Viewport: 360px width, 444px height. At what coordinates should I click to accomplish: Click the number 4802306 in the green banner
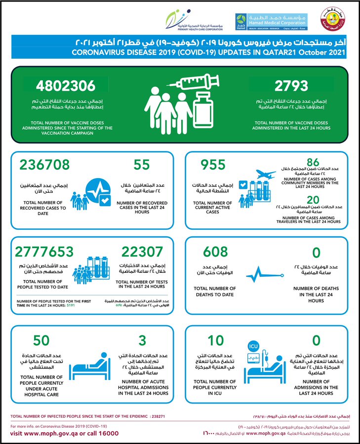coord(65,86)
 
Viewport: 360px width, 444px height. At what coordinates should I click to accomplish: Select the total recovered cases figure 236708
coord(45,165)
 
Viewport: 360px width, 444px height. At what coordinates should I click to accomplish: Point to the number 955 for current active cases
coord(213,165)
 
